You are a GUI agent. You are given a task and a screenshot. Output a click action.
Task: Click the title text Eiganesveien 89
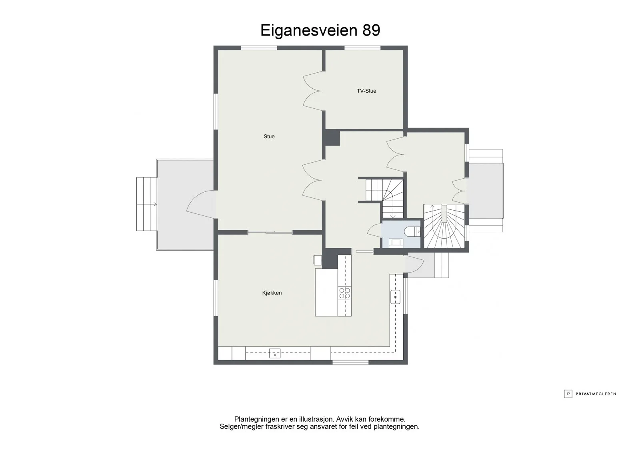320,30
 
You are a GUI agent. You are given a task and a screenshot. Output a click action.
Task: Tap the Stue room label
269,137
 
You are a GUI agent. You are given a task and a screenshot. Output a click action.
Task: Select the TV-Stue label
366,91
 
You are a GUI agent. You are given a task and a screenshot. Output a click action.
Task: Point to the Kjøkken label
272,293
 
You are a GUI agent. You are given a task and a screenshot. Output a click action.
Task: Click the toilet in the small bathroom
412,231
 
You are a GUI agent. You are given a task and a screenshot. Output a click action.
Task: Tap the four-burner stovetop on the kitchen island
344,293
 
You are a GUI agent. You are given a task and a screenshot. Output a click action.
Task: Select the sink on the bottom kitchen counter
274,353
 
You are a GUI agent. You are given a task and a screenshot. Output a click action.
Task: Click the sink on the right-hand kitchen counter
396,297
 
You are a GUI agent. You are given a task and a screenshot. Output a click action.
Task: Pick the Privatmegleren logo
590,394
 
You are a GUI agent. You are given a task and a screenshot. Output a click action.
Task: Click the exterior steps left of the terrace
146,204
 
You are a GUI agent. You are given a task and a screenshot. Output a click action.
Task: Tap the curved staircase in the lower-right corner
444,226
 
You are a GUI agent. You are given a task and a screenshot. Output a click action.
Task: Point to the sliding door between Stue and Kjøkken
270,233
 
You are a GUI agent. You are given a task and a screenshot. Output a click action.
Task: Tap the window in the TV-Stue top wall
362,48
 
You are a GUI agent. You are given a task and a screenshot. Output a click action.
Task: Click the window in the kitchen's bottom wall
350,362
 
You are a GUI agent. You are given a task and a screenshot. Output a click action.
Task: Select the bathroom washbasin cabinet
396,243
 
